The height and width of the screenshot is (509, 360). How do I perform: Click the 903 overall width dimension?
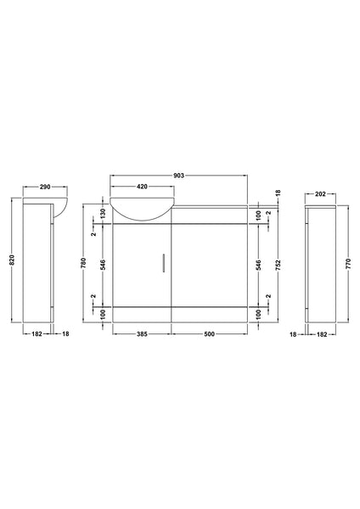pyautogui.click(x=178, y=174)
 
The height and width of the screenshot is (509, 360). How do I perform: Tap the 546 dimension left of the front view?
pyautogui.click(x=102, y=263)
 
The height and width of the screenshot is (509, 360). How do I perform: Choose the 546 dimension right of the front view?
pyautogui.click(x=258, y=263)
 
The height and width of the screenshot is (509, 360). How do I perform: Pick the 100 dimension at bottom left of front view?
pyautogui.click(x=102, y=315)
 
